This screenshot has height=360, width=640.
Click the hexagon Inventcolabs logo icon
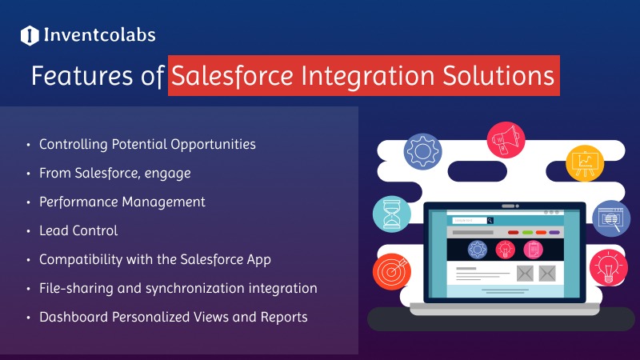tap(30, 35)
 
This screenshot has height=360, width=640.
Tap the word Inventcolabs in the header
tap(99, 35)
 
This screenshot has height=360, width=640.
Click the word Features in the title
tap(82, 75)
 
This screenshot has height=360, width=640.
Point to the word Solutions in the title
tap(498, 75)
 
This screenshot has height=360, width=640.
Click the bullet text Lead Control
tap(78, 230)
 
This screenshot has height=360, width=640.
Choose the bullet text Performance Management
tap(122, 202)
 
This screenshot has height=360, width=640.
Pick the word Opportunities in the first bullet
tap(213, 145)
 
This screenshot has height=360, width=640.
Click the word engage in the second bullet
tap(168, 174)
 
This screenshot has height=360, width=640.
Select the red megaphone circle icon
tap(506, 140)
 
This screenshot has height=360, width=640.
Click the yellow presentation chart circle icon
tap(585, 163)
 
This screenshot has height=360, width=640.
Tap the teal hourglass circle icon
tap(392, 214)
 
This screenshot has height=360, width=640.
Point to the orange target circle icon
tap(391, 271)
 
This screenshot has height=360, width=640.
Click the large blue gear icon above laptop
tap(423, 151)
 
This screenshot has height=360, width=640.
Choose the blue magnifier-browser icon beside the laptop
tap(611, 218)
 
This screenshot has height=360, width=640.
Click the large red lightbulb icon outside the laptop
tap(609, 267)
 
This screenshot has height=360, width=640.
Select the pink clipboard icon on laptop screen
tap(533, 250)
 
